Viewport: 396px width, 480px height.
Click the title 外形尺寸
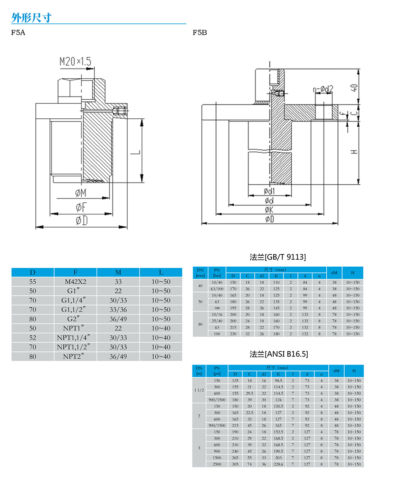[x=31, y=18]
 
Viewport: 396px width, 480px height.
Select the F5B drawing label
[x=200, y=32]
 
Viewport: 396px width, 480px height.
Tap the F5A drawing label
[x=18, y=32]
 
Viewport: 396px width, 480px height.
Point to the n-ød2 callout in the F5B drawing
[x=323, y=89]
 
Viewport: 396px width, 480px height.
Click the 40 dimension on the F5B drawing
[x=354, y=87]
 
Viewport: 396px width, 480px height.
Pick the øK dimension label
[x=269, y=210]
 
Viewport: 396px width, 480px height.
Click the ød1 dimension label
[x=269, y=192]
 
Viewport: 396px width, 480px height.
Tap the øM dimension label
[x=81, y=193]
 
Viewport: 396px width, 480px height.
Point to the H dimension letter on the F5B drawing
[x=354, y=151]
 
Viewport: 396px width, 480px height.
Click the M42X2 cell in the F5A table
[x=75, y=282]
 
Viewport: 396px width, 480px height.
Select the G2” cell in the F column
[x=75, y=319]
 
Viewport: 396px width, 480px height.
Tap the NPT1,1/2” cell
[x=75, y=347]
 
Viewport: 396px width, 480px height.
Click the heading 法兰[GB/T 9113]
[x=278, y=257]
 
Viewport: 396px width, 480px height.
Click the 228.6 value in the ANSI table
[x=278, y=464]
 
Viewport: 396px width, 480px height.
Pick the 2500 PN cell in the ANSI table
[x=217, y=464]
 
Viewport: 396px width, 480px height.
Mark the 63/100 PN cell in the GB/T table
[x=217, y=289]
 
